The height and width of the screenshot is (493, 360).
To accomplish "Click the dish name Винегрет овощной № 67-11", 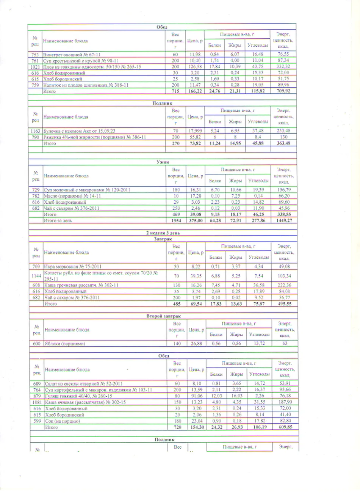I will tap(72, 55).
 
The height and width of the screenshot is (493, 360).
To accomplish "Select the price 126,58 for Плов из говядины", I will tap(195, 67).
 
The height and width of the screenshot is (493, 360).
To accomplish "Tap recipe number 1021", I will tap(35, 67).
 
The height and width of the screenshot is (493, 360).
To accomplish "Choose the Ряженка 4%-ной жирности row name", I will tap(95, 137).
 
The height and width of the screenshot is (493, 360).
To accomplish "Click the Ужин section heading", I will tap(163, 162).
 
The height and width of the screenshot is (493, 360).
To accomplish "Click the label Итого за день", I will tap(58, 220).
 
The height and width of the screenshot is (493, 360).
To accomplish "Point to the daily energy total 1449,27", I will tap(284, 220).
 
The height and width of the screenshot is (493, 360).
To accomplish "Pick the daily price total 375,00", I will tap(196, 220).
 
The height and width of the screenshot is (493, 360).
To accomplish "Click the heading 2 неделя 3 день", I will tap(163, 233).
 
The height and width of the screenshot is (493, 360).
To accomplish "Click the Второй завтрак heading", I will tap(163, 316).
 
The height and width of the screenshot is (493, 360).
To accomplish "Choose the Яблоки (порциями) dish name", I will tap(65, 344).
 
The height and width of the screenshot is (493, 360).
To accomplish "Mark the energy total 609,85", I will tap(285, 427).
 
